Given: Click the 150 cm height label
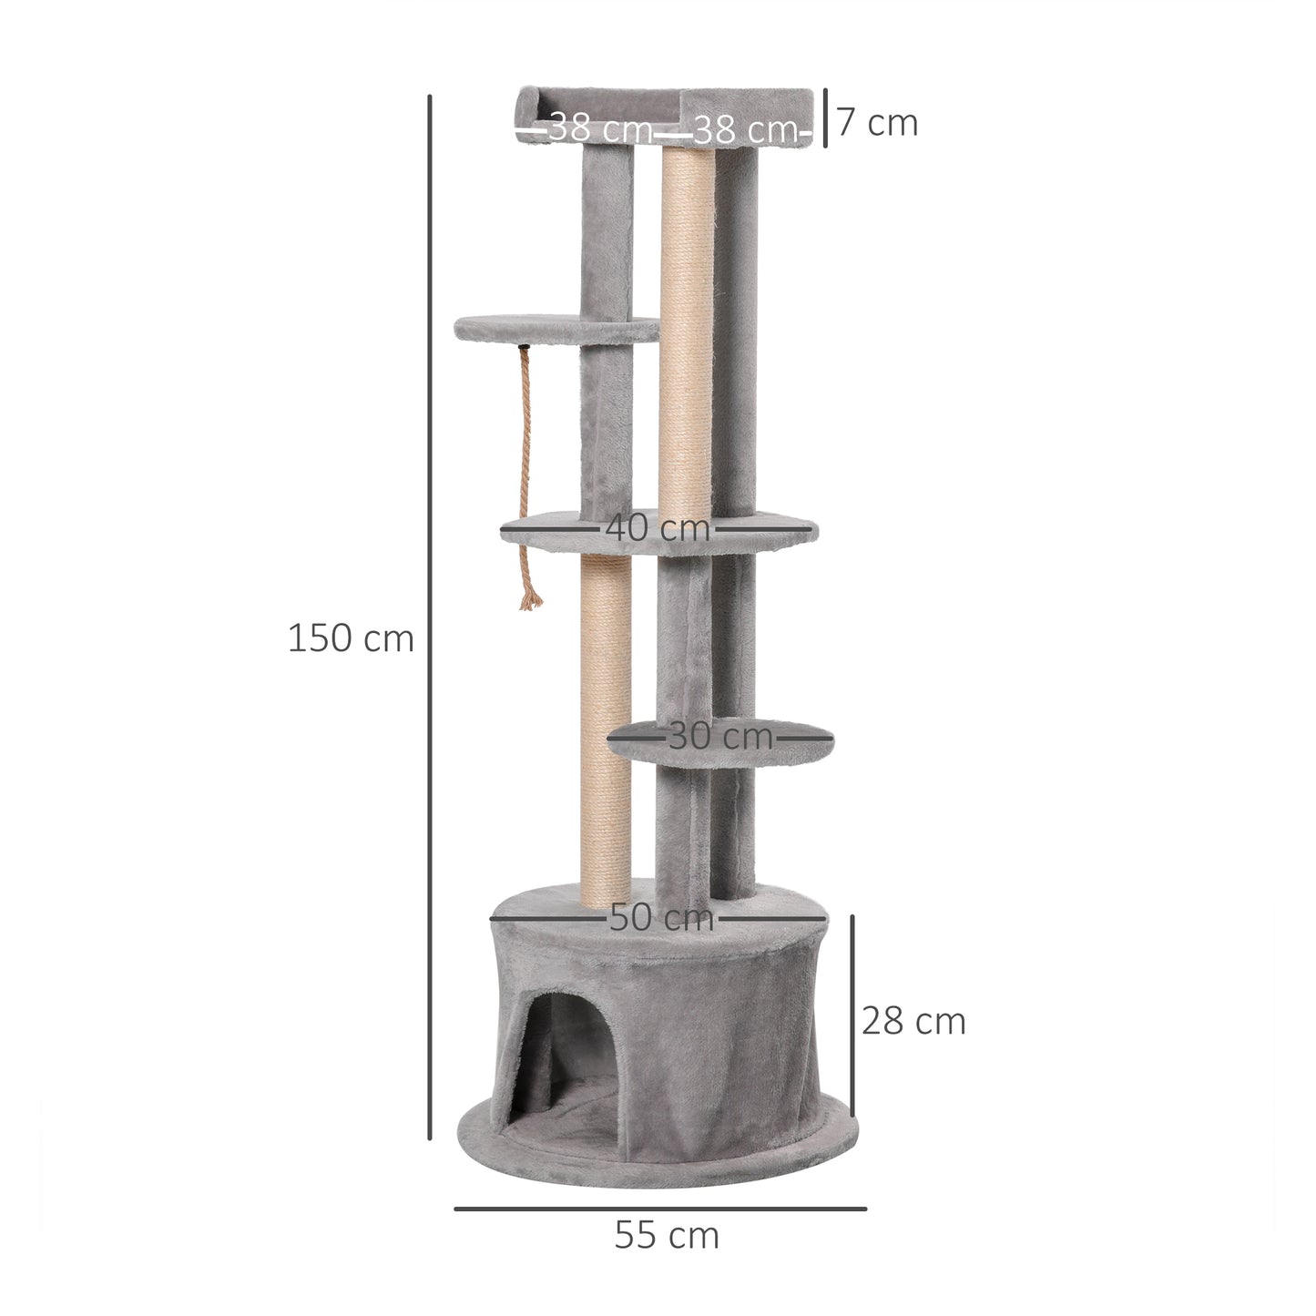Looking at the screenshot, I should [x=351, y=638].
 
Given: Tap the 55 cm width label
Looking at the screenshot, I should [x=667, y=1236].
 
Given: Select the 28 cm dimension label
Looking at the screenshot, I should [x=913, y=1021].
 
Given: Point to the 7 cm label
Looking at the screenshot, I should [x=877, y=122].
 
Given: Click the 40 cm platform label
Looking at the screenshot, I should [x=658, y=527].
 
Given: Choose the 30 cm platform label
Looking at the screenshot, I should [x=720, y=735].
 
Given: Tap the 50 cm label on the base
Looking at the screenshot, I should [x=661, y=917].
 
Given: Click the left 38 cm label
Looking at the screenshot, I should [x=600, y=128].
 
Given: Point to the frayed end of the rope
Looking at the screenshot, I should [x=529, y=596].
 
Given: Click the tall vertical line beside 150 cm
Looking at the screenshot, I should [x=429, y=616].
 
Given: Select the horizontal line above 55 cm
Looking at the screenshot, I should [x=660, y=1209].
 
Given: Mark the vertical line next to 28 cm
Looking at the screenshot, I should [x=852, y=1015].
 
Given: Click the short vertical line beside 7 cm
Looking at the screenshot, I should [x=825, y=117].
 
